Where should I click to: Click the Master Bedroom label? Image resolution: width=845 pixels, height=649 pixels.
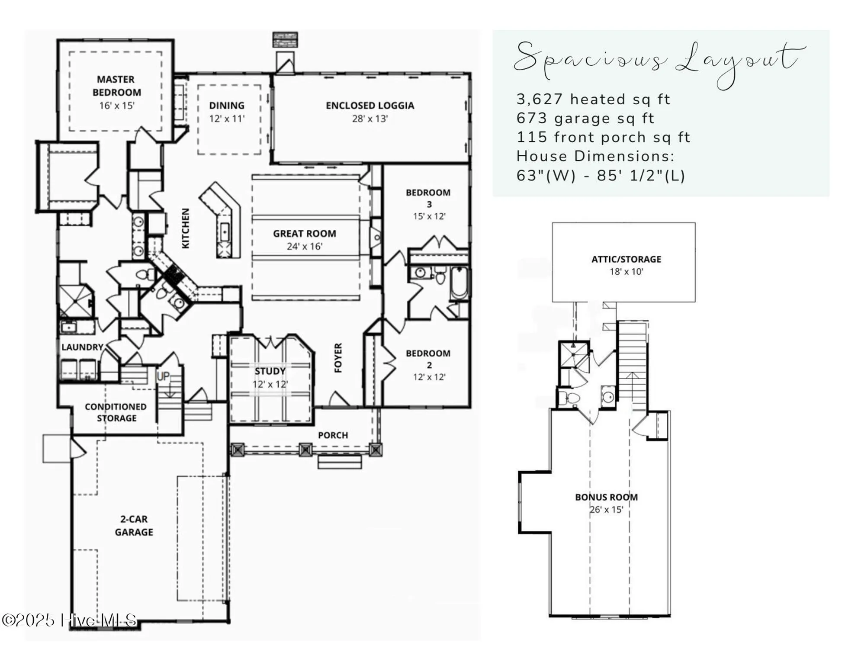[x=116, y=86]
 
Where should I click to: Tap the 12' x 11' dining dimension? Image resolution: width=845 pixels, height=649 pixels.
[x=227, y=119]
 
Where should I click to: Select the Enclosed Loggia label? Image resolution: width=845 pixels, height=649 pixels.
[x=369, y=106]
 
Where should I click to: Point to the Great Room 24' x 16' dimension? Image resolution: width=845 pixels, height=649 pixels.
[x=304, y=247]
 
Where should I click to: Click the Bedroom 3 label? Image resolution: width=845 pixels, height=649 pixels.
[x=428, y=198]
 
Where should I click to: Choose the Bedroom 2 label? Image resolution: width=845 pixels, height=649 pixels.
[x=428, y=359]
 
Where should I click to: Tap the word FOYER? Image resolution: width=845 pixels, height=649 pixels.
[x=338, y=358]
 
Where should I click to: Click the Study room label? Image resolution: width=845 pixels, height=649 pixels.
[x=270, y=371]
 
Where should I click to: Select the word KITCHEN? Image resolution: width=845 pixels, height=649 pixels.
[x=185, y=228]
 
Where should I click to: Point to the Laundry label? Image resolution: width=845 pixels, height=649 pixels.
[x=82, y=347]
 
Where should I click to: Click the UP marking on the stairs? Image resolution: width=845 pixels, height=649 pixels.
[x=163, y=376]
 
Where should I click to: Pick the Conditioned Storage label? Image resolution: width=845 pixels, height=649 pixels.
[x=116, y=412]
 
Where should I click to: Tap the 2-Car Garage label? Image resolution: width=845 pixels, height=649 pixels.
[x=134, y=525]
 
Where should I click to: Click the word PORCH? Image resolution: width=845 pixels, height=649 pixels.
[x=333, y=435]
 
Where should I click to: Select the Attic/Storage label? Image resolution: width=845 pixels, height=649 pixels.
[x=626, y=259]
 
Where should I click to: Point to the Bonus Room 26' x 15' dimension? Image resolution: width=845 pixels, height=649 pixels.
[x=606, y=510]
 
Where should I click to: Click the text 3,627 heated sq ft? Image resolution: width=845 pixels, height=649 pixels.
[x=593, y=100]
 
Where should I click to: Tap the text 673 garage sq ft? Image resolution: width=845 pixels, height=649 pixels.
[x=585, y=119]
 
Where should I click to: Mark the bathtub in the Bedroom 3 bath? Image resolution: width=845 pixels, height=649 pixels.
[x=459, y=283]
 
